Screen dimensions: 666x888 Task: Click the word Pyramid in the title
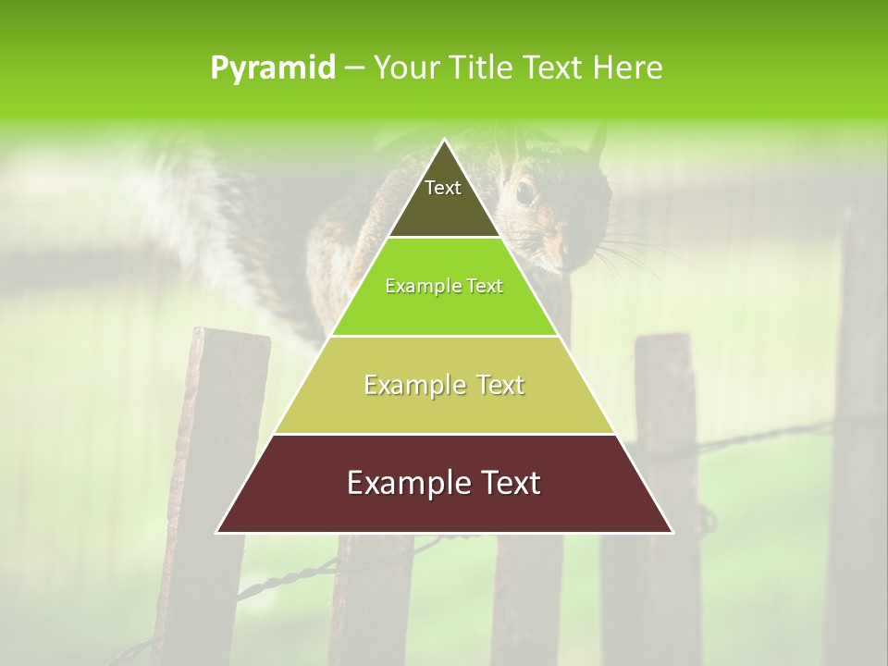(272, 68)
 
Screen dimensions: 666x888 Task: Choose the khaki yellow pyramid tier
(444, 407)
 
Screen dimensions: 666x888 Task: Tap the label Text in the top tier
(443, 189)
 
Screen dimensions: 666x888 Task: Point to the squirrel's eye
(524, 192)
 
